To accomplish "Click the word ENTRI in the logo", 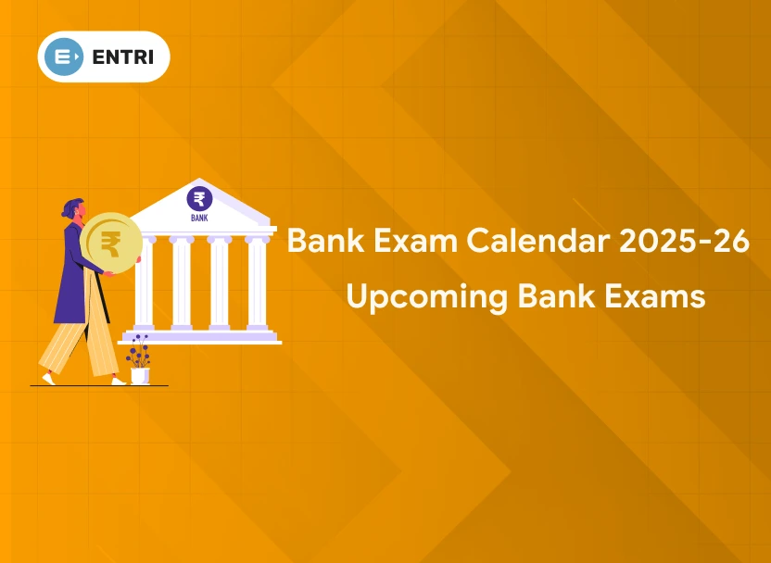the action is [123, 57].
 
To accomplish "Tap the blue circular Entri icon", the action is [63, 57].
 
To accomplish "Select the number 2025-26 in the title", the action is [684, 241].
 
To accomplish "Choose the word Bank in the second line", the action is [556, 296].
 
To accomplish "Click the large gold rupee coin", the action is [111, 244].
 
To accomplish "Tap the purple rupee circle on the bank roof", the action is [199, 199].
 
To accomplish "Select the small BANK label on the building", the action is [199, 217].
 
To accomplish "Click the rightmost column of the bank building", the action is [258, 282].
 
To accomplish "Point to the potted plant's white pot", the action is [140, 376].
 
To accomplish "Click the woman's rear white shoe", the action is [49, 379].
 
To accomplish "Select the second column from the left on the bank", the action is [182, 282].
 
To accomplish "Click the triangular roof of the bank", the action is [199, 203].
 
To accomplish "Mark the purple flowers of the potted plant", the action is [139, 350].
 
